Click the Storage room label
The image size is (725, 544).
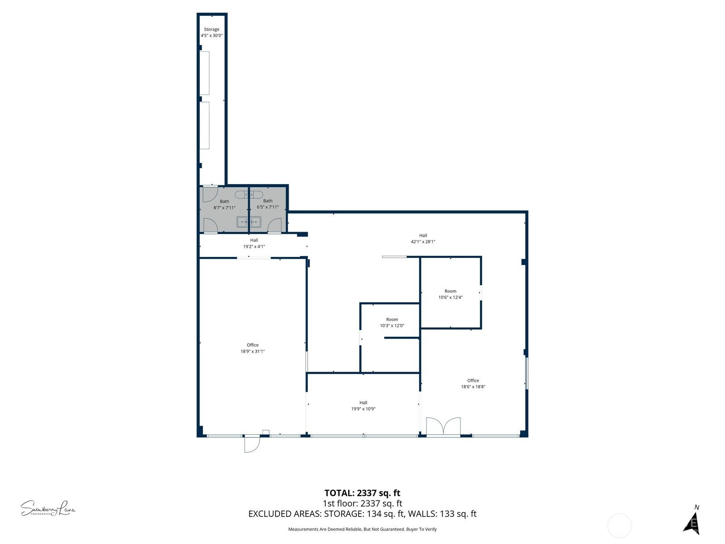click(x=212, y=29)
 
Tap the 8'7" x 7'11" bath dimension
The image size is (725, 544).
click(x=224, y=208)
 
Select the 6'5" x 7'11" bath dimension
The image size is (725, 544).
click(x=267, y=207)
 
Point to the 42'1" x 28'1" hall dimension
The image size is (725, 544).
click(x=423, y=242)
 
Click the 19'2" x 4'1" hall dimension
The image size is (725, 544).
click(x=254, y=247)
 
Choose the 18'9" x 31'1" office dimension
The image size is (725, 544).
click(x=252, y=351)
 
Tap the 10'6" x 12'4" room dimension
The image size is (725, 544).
click(x=450, y=297)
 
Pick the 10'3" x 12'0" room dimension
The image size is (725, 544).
click(x=392, y=325)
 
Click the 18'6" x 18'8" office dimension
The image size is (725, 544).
click(x=473, y=386)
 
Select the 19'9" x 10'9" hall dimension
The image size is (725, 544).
click(x=363, y=408)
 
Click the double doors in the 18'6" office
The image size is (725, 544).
click(x=443, y=427)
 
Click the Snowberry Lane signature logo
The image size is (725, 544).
click(x=48, y=508)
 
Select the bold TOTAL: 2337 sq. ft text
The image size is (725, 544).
click(x=362, y=493)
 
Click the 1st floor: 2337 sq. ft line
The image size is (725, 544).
click(x=362, y=503)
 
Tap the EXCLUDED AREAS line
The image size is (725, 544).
click(x=362, y=514)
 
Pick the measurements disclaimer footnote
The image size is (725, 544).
click(x=362, y=529)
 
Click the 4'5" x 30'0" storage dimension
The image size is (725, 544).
click(x=212, y=35)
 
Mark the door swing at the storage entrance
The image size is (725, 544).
click(x=210, y=194)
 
